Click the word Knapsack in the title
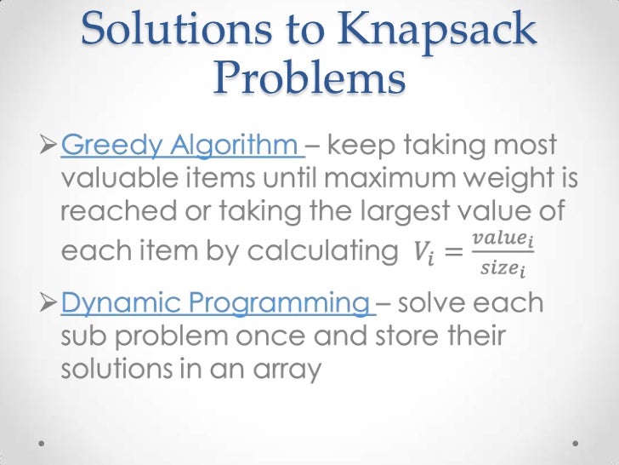432,32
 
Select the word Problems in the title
309,81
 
